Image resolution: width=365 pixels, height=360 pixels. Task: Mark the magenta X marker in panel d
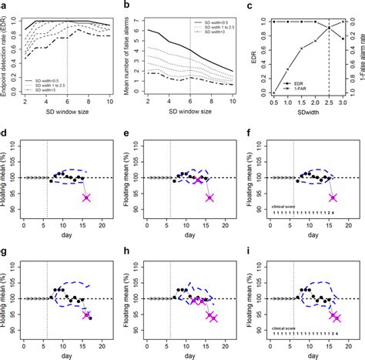pyautogui.click(x=86, y=198)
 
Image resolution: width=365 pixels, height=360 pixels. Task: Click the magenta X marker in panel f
pyautogui.click(x=333, y=197)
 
